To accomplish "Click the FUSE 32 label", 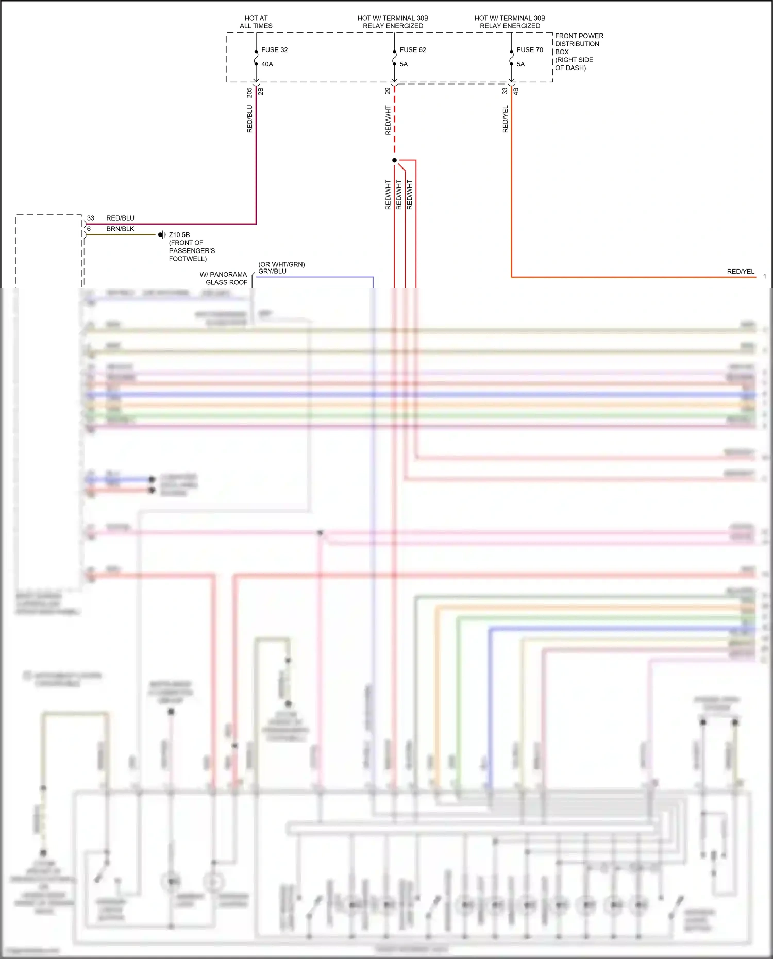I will tap(274, 50).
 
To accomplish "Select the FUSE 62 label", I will tap(412, 50).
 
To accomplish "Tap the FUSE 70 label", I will tap(529, 50).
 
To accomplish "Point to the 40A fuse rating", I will tap(267, 64).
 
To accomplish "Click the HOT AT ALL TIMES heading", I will tap(256, 22).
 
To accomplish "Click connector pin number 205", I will tap(249, 92).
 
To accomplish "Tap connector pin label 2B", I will tap(261, 91).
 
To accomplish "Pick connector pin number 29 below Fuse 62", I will tap(388, 91).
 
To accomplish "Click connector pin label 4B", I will tap(516, 91).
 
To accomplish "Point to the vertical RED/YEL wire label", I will tap(505, 120).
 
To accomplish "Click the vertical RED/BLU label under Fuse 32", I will tap(249, 120).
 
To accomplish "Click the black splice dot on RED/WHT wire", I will tap(395, 160).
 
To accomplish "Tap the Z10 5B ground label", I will tap(179, 234).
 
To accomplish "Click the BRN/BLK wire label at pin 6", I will tap(120, 229).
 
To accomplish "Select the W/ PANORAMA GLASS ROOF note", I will tap(224, 278).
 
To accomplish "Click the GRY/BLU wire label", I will tap(272, 271).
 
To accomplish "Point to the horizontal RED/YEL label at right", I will tap(740, 272).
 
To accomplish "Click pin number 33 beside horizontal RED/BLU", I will tap(91, 218).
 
